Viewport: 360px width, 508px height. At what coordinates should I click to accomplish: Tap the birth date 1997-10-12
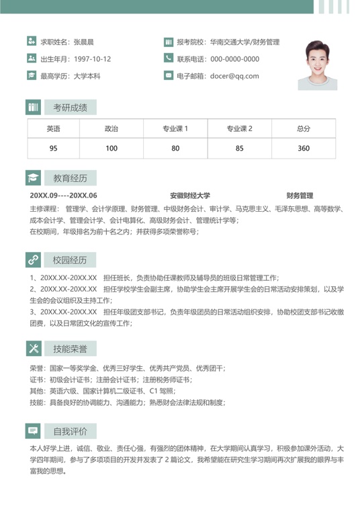(x=93, y=59)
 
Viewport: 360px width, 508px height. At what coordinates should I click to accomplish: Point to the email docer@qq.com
(x=234, y=76)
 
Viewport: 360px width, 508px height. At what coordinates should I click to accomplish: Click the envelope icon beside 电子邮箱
(x=168, y=76)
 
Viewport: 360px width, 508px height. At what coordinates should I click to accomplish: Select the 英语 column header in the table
(x=53, y=129)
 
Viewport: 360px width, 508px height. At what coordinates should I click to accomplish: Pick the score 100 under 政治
(x=111, y=149)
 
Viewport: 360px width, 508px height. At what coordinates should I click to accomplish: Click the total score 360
(x=304, y=149)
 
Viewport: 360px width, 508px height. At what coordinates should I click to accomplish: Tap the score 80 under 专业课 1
(x=175, y=149)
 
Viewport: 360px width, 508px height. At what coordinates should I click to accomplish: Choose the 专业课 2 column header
(x=239, y=129)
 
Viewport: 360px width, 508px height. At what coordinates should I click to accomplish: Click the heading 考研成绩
(x=71, y=108)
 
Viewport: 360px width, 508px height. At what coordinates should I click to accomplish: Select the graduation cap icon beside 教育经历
(x=33, y=178)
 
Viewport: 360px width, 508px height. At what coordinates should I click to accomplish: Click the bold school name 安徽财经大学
(x=190, y=196)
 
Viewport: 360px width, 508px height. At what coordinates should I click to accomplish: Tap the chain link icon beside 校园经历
(x=33, y=260)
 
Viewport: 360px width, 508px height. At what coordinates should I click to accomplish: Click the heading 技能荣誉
(x=71, y=349)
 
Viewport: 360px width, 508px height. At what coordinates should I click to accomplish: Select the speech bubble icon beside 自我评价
(x=33, y=431)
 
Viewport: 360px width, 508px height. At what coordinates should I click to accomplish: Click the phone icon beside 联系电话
(x=168, y=59)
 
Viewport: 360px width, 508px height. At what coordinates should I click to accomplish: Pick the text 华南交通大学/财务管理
(x=244, y=42)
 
